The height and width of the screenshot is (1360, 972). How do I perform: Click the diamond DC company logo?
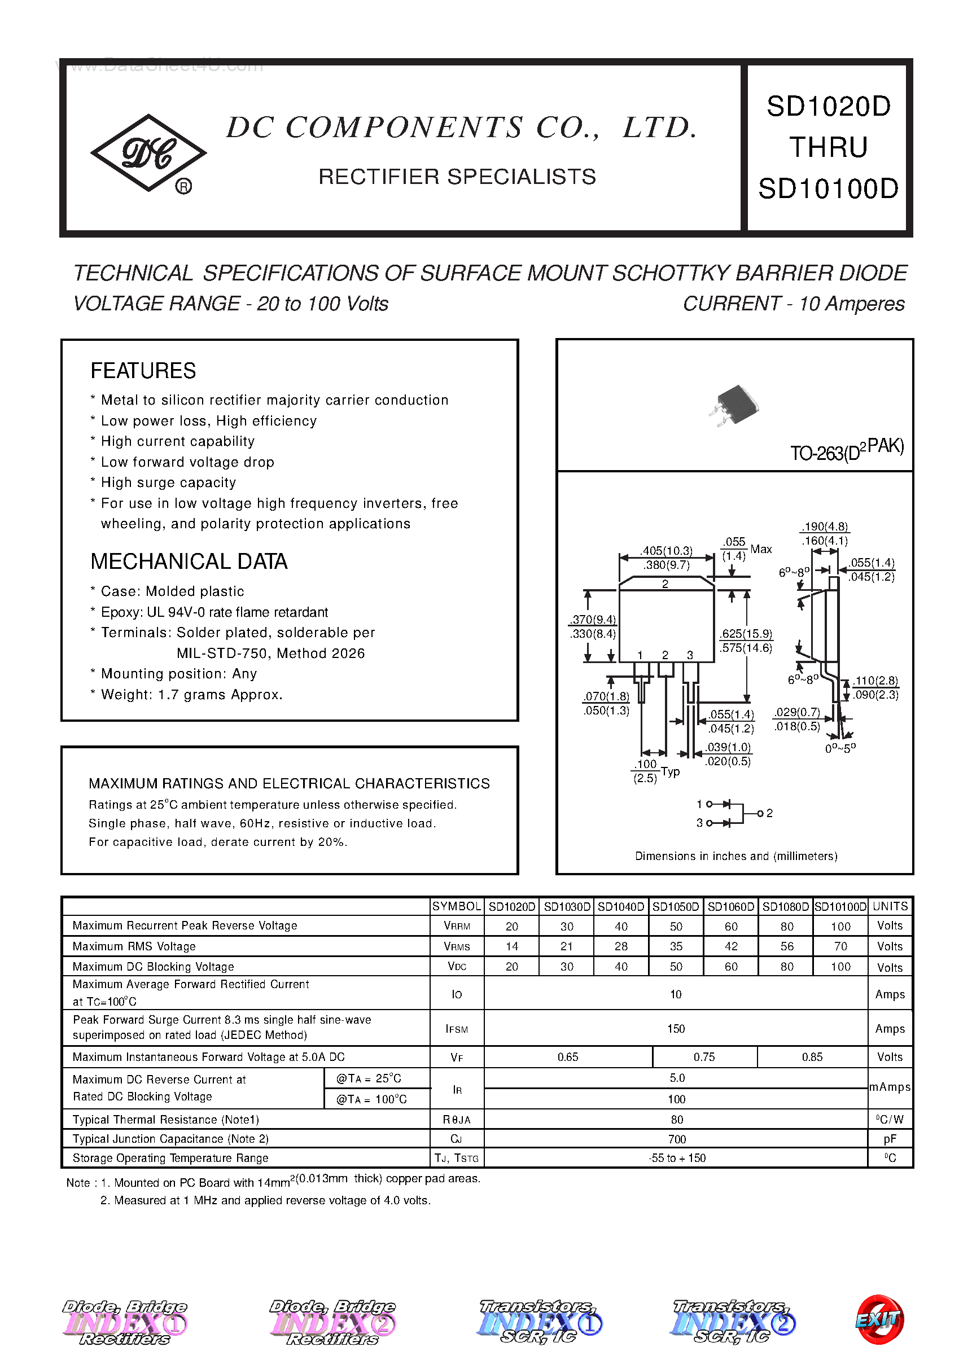pos(148,153)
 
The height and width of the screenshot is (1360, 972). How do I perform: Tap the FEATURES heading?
pos(143,371)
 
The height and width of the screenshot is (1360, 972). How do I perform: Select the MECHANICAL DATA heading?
pos(189,561)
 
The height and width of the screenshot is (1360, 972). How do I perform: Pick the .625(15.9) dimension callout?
pos(746,634)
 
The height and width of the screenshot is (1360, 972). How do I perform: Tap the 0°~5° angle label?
pos(840,748)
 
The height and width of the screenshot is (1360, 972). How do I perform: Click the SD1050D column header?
pos(675,906)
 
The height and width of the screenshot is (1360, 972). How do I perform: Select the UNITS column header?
pos(890,906)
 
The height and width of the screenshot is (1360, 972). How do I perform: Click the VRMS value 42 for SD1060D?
pos(731,946)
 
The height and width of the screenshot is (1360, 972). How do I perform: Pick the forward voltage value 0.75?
pos(704,1058)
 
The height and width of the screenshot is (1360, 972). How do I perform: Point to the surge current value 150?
pos(676,1029)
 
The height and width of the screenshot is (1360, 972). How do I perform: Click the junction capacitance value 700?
pos(676,1139)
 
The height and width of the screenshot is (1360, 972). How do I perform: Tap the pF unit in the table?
pos(890,1139)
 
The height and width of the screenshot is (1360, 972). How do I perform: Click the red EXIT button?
pos(879,1319)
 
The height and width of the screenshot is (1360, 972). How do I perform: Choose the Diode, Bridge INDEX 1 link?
pos(125,1321)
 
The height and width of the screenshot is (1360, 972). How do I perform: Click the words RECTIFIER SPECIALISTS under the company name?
pos(457,177)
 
